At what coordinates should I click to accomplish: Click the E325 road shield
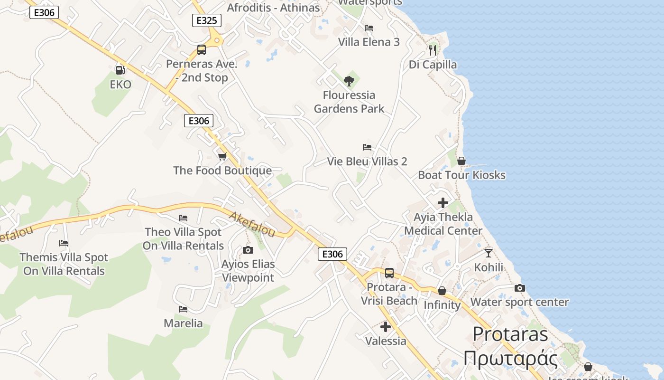(206, 20)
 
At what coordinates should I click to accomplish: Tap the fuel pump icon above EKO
(120, 70)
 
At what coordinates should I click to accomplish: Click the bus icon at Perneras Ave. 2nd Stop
(202, 50)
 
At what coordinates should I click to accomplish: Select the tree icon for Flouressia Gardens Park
(349, 81)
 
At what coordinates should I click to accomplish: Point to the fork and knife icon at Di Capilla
(432, 50)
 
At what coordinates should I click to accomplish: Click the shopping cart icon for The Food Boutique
(222, 156)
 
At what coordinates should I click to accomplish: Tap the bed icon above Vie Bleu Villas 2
(367, 147)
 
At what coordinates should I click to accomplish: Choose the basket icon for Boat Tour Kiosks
(461, 161)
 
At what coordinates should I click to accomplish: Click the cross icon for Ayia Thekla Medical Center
(443, 203)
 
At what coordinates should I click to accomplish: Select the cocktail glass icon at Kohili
(489, 253)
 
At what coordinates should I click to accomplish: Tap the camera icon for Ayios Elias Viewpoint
(248, 250)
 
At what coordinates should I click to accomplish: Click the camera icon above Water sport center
(520, 288)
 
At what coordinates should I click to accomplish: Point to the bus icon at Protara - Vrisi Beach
(389, 273)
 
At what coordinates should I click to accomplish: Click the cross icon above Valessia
(386, 327)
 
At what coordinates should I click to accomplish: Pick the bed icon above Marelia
(183, 309)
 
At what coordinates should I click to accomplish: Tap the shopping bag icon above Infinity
(442, 291)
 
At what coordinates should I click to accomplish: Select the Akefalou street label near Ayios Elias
(252, 225)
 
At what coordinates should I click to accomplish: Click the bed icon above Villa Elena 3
(369, 28)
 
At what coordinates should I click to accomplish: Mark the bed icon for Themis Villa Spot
(64, 243)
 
